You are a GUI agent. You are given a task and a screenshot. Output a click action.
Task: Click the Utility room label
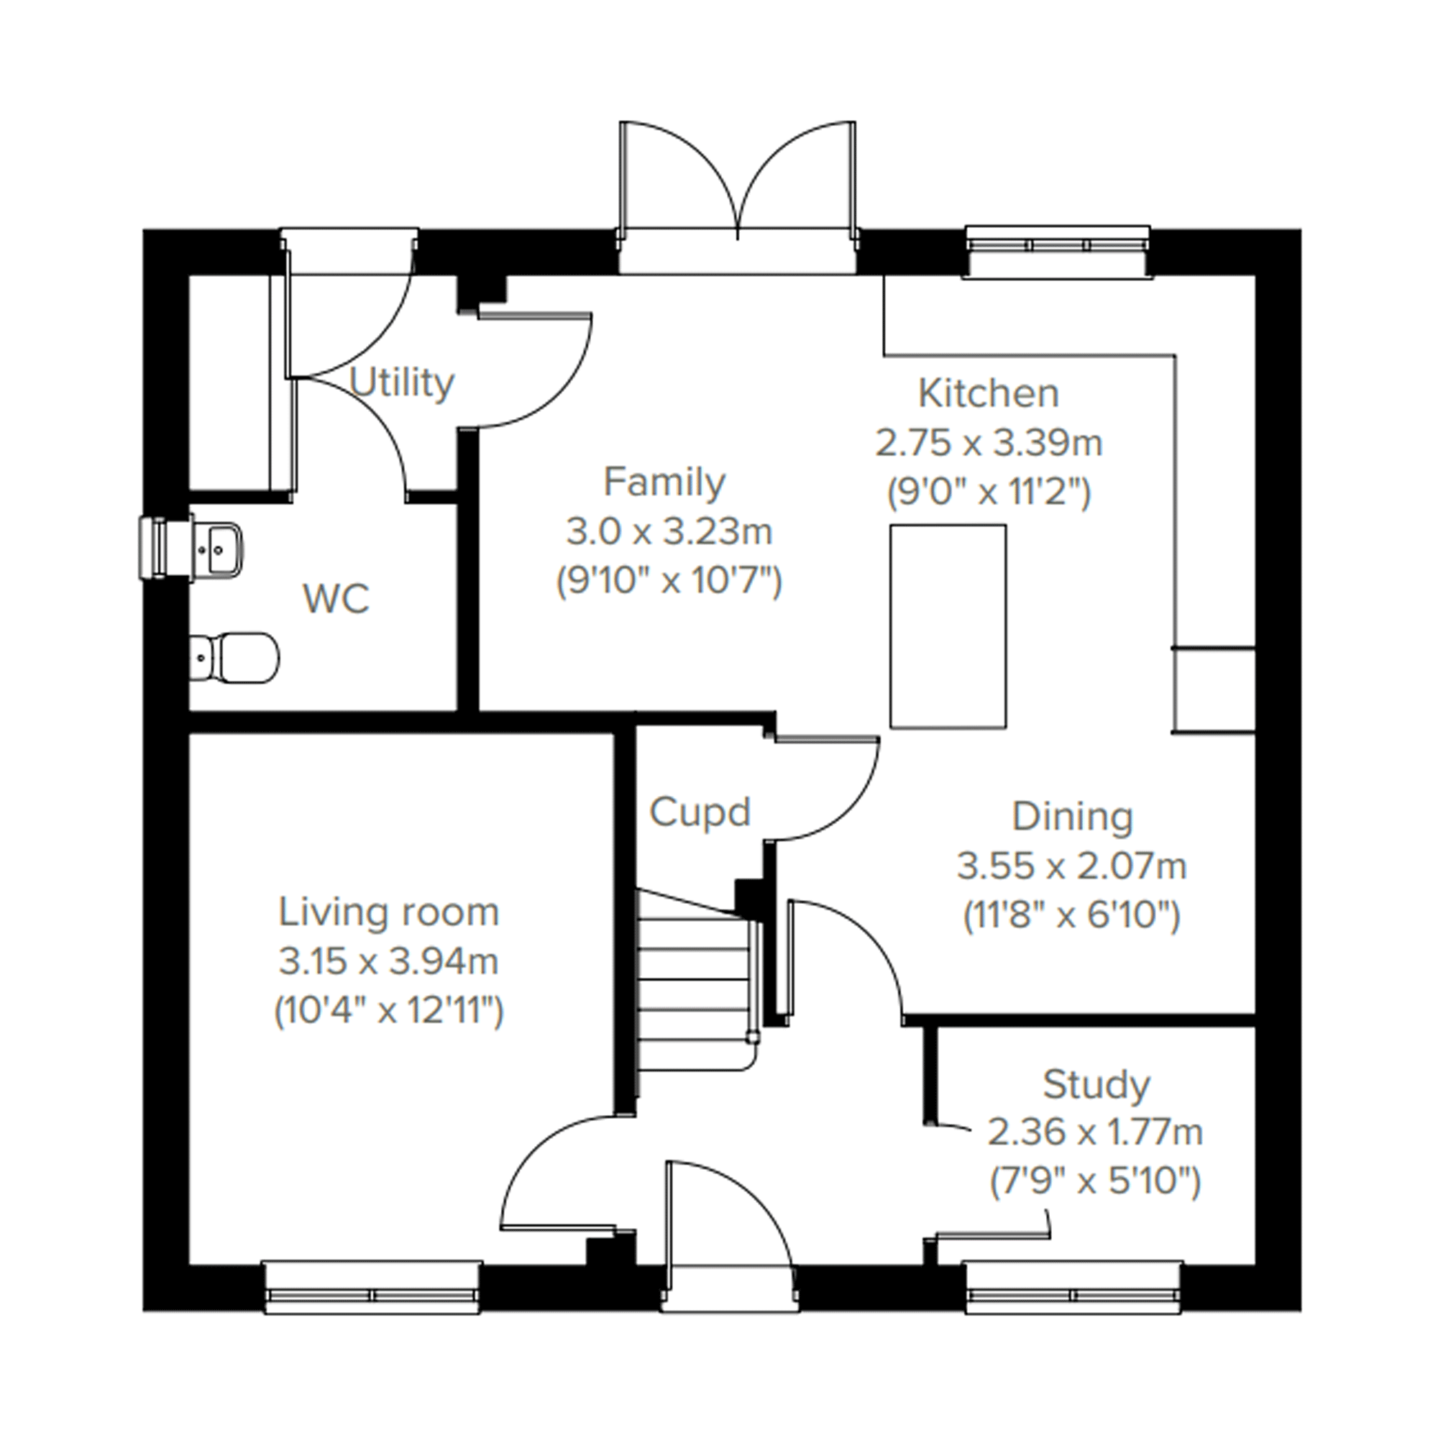coord(403,385)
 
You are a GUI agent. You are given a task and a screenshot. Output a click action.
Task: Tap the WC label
coord(336,599)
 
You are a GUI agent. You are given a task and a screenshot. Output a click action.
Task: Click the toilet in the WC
coord(234,658)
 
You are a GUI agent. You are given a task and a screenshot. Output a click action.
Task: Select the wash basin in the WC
coord(216,547)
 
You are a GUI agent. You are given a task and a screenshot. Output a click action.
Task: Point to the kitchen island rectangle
coord(948,626)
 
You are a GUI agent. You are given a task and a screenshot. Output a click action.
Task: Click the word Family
coord(664,482)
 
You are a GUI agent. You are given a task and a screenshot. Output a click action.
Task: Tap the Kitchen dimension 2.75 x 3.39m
coord(989,443)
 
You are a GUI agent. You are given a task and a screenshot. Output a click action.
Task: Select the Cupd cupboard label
coord(700,812)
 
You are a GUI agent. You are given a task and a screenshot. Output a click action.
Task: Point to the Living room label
coord(389,912)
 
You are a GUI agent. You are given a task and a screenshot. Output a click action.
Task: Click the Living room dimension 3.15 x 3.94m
coord(389,961)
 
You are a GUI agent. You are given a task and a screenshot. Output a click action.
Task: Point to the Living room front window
coord(373,1288)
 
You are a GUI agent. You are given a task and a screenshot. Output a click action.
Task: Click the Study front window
coord(1074,1288)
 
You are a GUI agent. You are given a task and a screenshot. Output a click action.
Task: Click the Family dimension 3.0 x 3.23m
coord(669,533)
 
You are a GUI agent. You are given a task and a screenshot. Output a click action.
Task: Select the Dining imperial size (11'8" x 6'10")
coord(1071,917)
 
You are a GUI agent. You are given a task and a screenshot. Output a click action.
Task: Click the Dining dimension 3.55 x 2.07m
coord(1071,866)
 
